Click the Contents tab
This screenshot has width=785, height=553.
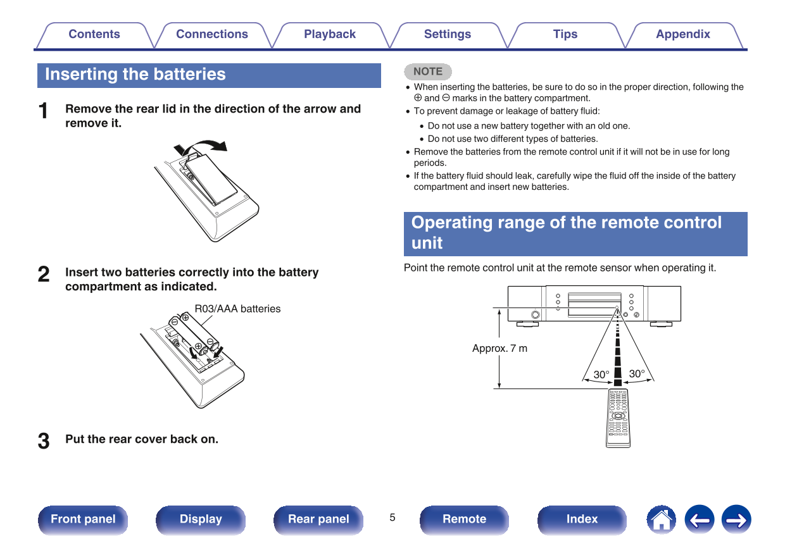click(x=94, y=35)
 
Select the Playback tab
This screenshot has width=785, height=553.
click(x=329, y=35)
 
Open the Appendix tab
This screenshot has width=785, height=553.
click(x=682, y=35)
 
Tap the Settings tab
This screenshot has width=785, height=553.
click(x=447, y=35)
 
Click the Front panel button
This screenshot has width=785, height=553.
click(x=83, y=519)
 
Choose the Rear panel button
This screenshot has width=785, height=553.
click(x=318, y=519)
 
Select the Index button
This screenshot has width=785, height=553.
click(x=582, y=519)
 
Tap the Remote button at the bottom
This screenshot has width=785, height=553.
click(x=464, y=519)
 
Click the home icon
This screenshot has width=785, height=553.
click(x=661, y=519)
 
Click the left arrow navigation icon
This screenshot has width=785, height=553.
click(x=699, y=519)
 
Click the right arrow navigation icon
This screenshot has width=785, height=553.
click(x=736, y=519)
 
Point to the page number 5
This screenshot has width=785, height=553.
click(x=392, y=518)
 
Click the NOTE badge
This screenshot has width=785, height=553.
click(x=428, y=71)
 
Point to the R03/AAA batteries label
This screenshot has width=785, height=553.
click(x=237, y=309)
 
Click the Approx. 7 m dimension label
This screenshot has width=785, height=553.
click(x=499, y=349)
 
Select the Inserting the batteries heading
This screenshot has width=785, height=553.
click(x=135, y=75)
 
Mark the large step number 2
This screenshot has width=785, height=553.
click(x=44, y=275)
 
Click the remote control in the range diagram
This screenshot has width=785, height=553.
click(x=618, y=418)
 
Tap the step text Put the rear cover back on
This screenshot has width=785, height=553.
click(x=142, y=439)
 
